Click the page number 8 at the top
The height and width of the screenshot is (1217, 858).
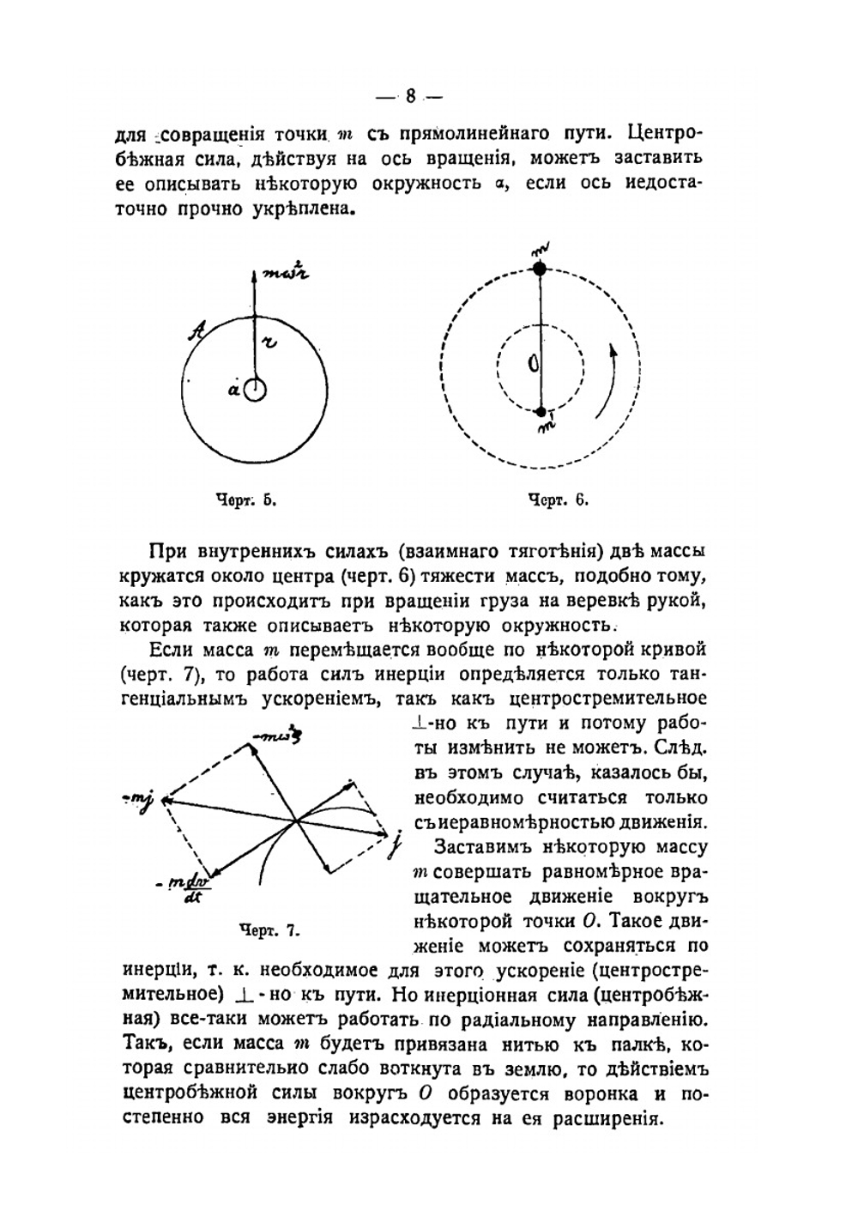click(411, 97)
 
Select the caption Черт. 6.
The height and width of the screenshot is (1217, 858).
click(558, 500)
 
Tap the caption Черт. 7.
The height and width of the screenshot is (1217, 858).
click(269, 929)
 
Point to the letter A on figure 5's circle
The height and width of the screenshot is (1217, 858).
click(196, 329)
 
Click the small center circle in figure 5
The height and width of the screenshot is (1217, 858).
click(255, 391)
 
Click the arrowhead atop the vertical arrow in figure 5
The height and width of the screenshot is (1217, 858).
click(255, 275)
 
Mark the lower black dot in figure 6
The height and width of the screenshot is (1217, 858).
click(540, 411)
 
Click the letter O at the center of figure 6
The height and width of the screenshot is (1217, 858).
click(532, 366)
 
